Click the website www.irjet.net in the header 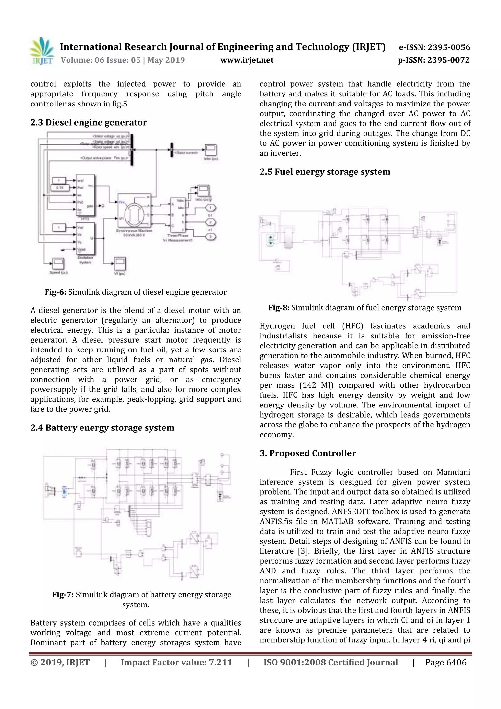point(247,60)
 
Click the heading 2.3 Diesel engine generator point(89,123)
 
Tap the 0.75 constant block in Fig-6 point(60,187)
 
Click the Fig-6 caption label point(56,292)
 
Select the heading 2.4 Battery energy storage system point(102,428)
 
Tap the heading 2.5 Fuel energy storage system point(325,172)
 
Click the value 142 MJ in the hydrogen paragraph point(316,385)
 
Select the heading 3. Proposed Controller point(307,453)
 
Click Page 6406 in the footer point(445,662)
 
